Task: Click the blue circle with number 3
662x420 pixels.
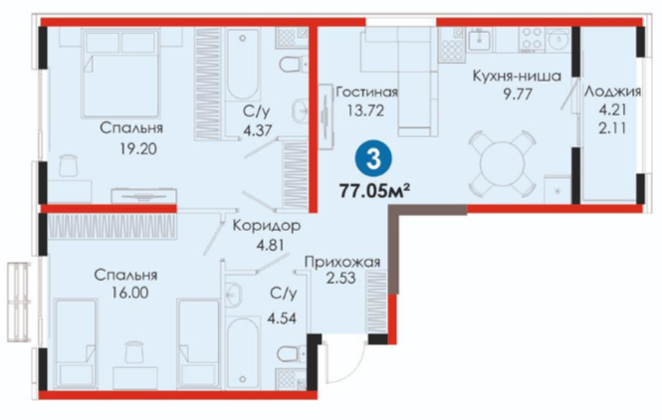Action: pyautogui.click(x=373, y=159)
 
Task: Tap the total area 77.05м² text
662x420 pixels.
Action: pyautogui.click(x=374, y=191)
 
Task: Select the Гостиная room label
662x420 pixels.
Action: pyautogui.click(x=366, y=92)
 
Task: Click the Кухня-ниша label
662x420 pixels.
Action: pyautogui.click(x=517, y=76)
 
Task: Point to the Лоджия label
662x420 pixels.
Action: pyautogui.click(x=612, y=92)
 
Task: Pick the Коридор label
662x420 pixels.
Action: pyautogui.click(x=267, y=226)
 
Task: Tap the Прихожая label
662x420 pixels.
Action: pyautogui.click(x=342, y=262)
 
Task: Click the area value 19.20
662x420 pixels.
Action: pyautogui.click(x=137, y=148)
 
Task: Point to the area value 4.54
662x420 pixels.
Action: pyautogui.click(x=282, y=317)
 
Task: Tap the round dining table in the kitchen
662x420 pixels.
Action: pyautogui.click(x=503, y=162)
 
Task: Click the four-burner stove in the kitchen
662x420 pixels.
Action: pyautogui.click(x=532, y=38)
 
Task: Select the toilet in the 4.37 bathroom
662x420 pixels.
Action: pyautogui.click(x=294, y=64)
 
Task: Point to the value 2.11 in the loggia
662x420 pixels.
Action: pyautogui.click(x=612, y=127)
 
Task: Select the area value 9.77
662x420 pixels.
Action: pyautogui.click(x=518, y=94)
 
